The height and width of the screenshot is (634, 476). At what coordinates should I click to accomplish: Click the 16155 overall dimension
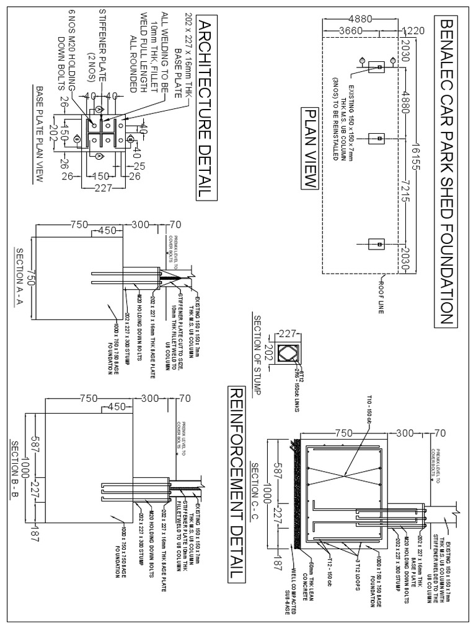point(417,149)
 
